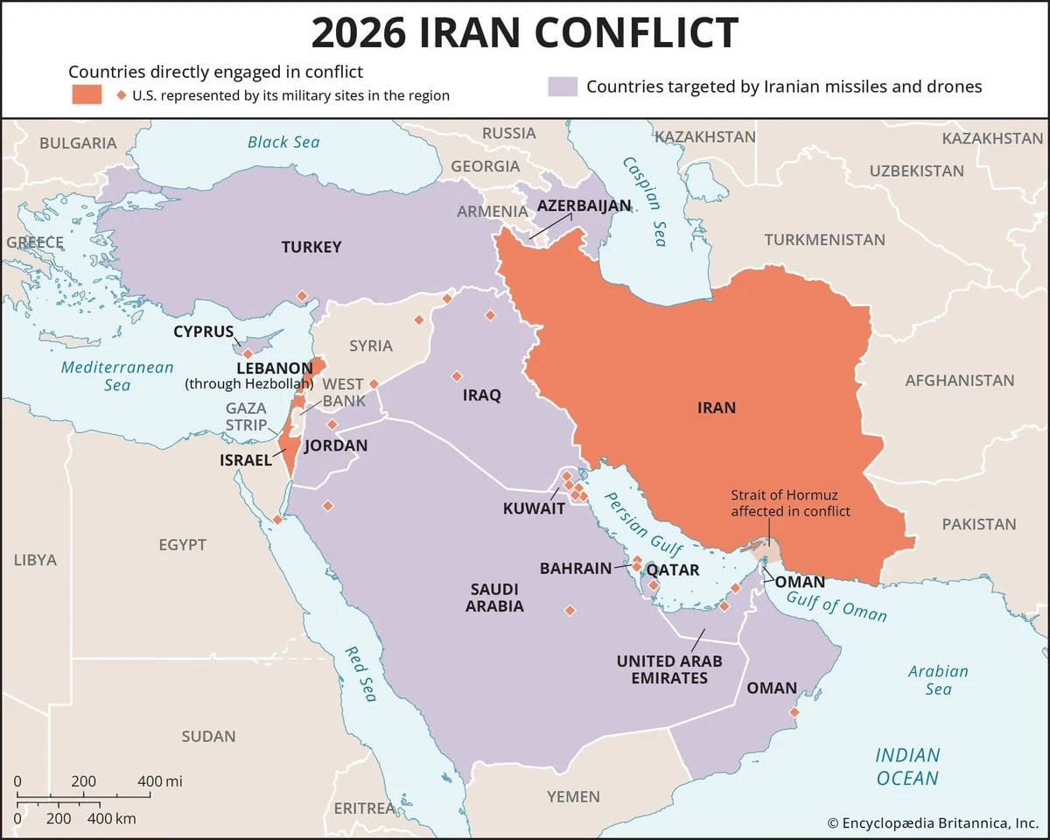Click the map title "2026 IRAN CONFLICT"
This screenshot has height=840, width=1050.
pyautogui.click(x=525, y=33)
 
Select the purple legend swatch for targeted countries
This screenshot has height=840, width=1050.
pyautogui.click(x=563, y=87)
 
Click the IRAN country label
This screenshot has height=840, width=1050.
pyautogui.click(x=717, y=407)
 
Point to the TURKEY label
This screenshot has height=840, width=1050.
pyautogui.click(x=311, y=247)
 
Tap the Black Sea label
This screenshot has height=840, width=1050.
pyautogui.click(x=283, y=142)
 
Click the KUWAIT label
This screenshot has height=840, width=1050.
pyautogui.click(x=534, y=508)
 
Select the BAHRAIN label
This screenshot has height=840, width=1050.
pyautogui.click(x=575, y=569)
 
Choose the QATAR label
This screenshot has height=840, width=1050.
pyautogui.click(x=673, y=570)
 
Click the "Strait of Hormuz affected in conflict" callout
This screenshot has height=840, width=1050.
pyautogui.click(x=790, y=503)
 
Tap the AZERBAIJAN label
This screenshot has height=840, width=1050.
pyautogui.click(x=584, y=206)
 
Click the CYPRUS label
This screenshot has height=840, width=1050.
pyautogui.click(x=203, y=332)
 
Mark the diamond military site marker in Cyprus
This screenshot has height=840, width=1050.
pyautogui.click(x=248, y=353)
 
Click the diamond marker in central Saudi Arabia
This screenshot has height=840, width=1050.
pyautogui.click(x=570, y=611)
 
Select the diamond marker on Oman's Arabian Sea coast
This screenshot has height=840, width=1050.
pyautogui.click(x=794, y=712)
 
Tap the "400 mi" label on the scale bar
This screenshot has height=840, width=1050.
pyautogui.click(x=160, y=780)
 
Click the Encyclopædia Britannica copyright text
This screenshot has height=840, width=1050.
pyautogui.click(x=933, y=822)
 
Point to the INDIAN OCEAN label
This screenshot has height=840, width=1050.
pyautogui.click(x=907, y=766)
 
